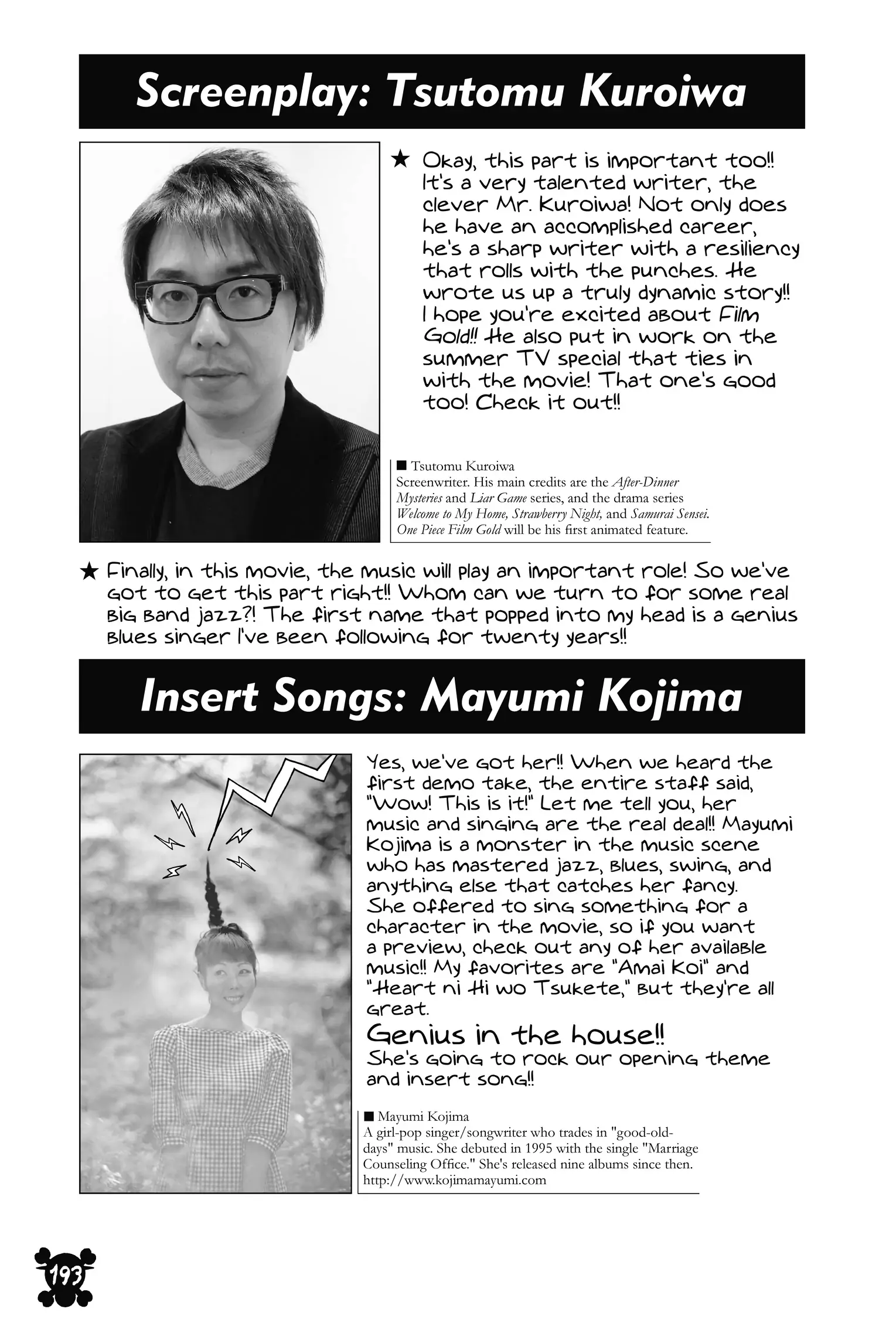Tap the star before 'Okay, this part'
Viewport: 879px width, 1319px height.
(x=400, y=159)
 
